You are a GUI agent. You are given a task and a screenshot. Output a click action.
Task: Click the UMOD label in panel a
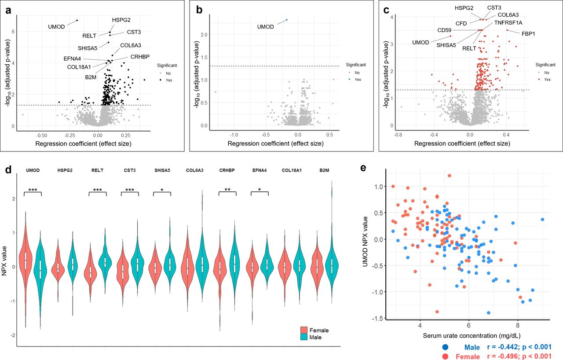(56, 27)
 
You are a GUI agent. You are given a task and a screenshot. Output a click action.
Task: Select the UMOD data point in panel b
(287, 20)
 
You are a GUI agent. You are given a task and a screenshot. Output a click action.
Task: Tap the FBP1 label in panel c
(529, 33)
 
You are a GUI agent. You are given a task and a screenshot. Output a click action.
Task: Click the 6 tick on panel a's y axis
(13, 32)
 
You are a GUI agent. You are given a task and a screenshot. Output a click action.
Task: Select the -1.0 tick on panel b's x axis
(234, 134)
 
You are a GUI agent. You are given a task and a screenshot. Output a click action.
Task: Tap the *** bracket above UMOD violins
(33, 191)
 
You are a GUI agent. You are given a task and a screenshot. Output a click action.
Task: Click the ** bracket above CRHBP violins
(227, 191)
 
